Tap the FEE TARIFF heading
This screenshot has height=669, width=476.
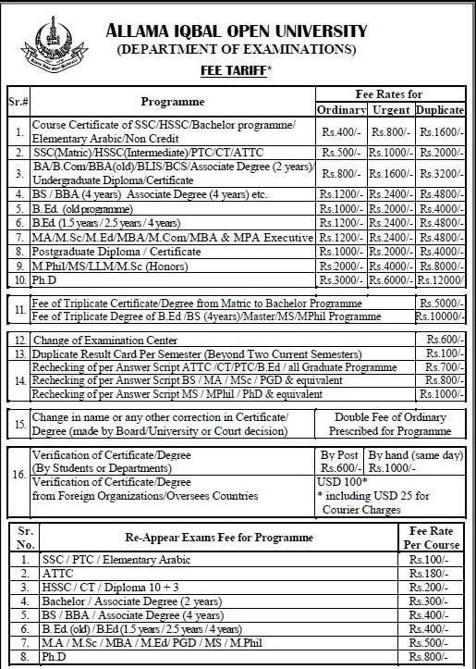point(236,68)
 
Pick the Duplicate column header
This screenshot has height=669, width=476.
point(440,110)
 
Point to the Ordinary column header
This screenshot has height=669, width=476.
point(341,110)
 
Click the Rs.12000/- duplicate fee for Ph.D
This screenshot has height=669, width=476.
point(440,280)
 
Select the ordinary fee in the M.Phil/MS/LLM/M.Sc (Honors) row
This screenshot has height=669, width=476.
point(341,266)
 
